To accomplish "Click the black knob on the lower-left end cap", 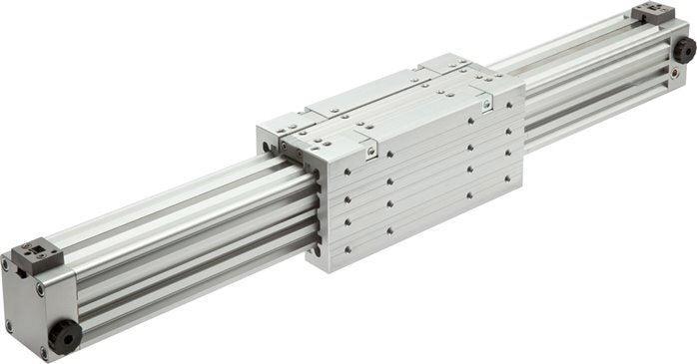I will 65,337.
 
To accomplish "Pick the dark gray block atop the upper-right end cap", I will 653,13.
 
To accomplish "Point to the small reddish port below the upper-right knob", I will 681,75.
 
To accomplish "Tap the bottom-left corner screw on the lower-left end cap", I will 8,326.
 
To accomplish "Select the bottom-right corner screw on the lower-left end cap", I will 43,350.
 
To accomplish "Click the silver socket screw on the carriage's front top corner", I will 370,152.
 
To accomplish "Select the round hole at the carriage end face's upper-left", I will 266,147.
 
